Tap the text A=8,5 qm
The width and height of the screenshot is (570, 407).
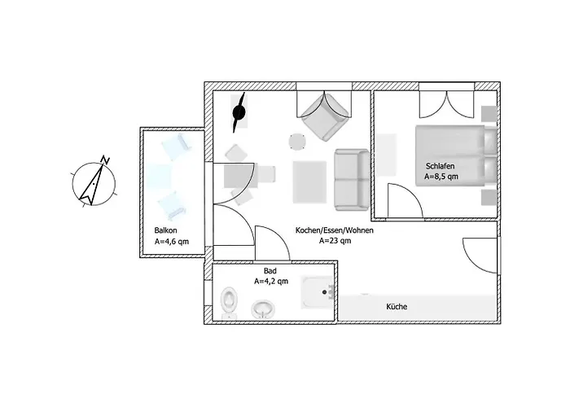tap(441, 177)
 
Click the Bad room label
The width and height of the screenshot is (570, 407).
tap(270, 270)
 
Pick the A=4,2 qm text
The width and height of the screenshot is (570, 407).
tap(270, 282)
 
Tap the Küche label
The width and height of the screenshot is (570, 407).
tap(397, 307)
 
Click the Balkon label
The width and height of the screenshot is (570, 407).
tap(165, 230)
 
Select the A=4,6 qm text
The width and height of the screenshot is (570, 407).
tap(171, 242)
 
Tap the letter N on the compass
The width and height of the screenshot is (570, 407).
tap(104, 159)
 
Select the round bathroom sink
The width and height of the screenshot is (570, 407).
tap(262, 309)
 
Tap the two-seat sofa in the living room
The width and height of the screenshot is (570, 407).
tap(350, 177)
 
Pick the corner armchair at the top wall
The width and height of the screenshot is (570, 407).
tap(326, 116)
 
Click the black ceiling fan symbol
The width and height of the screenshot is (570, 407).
tap(240, 114)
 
